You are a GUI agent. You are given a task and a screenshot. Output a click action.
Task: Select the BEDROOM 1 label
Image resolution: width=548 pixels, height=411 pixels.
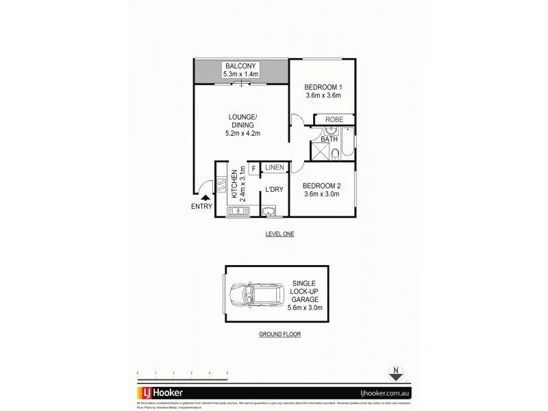pos(322,86)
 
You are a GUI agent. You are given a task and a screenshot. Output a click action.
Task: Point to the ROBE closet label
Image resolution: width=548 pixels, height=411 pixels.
pos(334,120)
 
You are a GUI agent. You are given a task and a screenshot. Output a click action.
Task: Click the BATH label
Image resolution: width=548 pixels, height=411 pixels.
pos(330,139)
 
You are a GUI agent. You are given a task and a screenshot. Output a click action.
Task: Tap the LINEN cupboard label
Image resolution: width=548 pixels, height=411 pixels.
pos(275,167)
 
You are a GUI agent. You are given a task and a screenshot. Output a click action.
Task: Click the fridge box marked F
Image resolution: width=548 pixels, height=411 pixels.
pos(253,168)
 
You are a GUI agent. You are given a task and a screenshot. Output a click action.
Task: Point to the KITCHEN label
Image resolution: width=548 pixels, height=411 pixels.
pos(234,184)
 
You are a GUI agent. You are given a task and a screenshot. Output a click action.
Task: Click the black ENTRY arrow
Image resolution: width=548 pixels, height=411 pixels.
pos(203,197)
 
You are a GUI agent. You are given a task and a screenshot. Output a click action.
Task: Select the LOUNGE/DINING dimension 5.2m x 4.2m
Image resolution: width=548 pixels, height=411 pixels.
pos(242,133)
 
